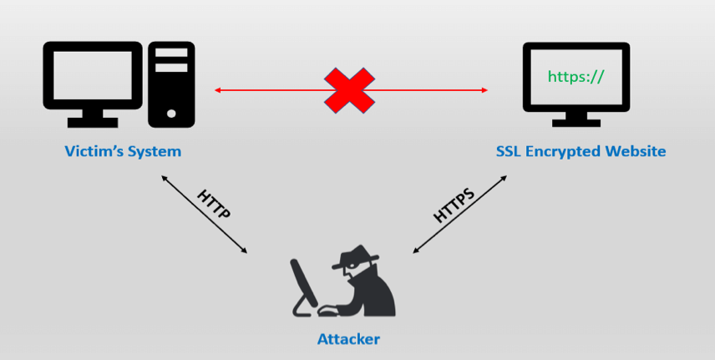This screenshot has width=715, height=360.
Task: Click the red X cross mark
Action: [349, 90]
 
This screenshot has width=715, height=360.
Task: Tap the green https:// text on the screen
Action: [575, 77]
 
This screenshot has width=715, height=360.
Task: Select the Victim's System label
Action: [123, 152]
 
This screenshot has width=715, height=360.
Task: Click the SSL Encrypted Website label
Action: [580, 152]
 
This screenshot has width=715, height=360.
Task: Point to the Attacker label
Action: [348, 339]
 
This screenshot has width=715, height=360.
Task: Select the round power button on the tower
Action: [171, 113]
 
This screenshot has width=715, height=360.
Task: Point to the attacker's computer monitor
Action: [304, 284]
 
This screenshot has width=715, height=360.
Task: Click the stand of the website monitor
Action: [576, 122]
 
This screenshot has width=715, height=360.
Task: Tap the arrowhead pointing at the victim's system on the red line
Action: [217, 89]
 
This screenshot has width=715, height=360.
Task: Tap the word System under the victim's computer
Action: [155, 152]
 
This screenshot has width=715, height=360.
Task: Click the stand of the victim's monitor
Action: [93, 119]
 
